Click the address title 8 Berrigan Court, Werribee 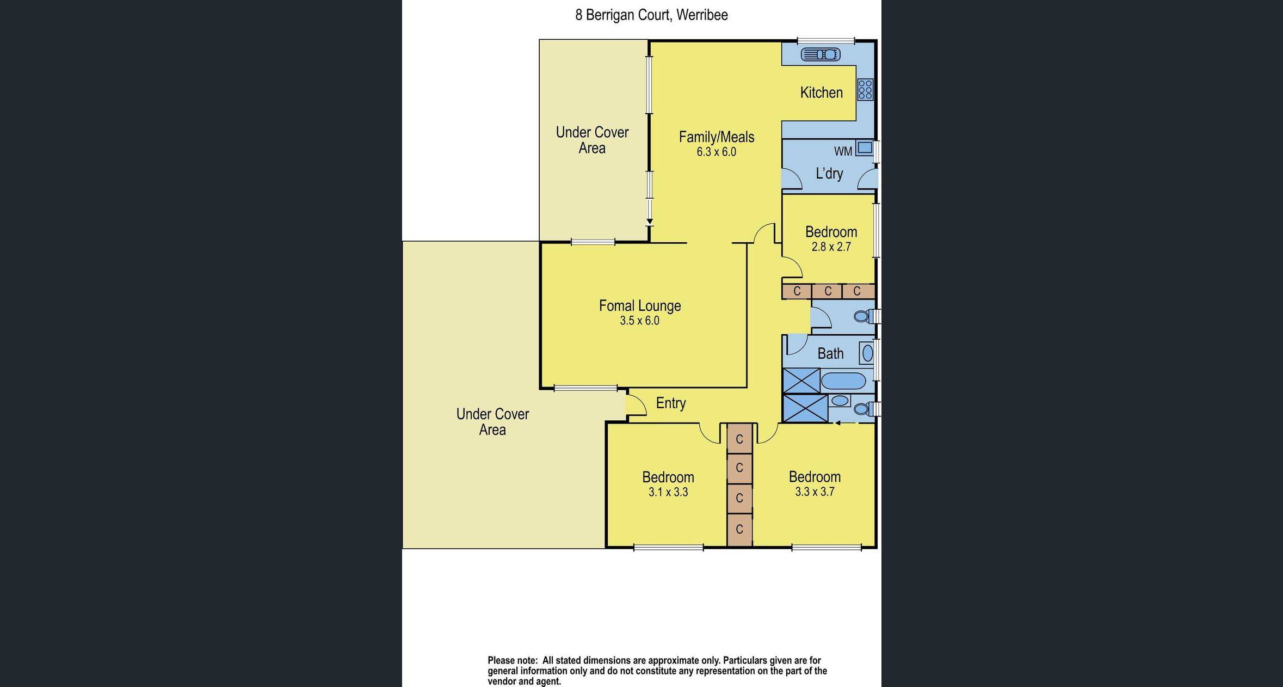651,15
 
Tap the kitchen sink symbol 821,54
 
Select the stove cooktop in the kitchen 865,89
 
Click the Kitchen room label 821,93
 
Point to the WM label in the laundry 843,151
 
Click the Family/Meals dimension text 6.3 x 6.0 716,152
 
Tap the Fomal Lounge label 639,305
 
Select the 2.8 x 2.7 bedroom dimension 831,247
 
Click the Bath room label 830,354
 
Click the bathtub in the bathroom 843,381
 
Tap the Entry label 670,403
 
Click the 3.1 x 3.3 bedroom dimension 668,492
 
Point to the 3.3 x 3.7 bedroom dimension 815,492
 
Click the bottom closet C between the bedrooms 739,529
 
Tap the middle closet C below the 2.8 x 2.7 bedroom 828,291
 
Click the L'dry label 829,174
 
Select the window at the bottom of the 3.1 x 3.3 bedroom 668,548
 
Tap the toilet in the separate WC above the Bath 861,316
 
